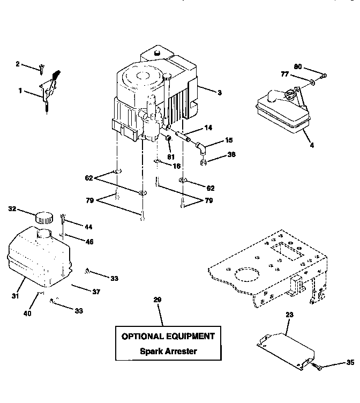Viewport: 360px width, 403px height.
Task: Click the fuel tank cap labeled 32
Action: (43, 218)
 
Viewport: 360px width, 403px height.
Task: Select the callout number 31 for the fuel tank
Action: (16, 295)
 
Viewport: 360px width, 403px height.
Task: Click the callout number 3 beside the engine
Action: (219, 92)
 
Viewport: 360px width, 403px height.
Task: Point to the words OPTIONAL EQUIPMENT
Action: (168, 337)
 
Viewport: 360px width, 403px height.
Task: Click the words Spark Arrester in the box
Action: (168, 352)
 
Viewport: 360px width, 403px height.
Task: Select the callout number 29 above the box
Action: (157, 300)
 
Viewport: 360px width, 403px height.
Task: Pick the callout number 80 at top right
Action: (298, 66)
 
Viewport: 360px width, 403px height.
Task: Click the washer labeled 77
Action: (311, 82)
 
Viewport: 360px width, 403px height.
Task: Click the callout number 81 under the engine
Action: (171, 157)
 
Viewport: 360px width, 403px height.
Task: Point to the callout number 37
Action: (96, 292)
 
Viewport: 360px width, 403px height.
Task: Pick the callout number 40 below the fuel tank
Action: (27, 313)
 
